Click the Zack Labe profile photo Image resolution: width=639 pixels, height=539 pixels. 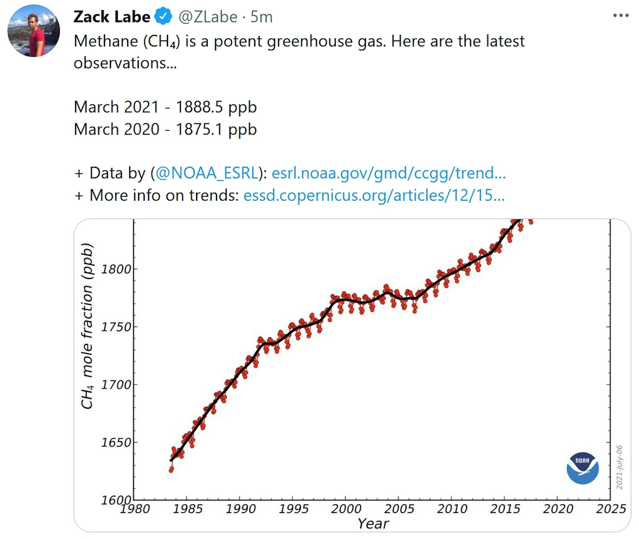point(34,31)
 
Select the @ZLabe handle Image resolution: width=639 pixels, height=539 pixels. point(208,17)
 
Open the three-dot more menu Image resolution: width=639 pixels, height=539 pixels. point(621,15)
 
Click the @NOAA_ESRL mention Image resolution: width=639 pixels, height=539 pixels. point(207,173)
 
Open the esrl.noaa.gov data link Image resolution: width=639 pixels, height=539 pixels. point(388,173)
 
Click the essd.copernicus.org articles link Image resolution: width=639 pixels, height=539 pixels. point(374,195)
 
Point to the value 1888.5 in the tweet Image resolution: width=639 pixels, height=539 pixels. point(199,107)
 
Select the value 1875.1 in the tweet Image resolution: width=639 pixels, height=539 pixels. point(199,129)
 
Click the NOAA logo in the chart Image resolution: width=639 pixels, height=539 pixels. point(582,468)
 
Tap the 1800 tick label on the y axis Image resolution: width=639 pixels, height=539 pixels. point(116,269)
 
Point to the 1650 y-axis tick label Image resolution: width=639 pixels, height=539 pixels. point(116,442)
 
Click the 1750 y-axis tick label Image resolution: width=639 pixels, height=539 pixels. point(116,327)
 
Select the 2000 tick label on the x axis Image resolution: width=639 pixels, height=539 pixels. point(346,509)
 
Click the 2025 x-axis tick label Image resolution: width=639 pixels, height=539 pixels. point(611,509)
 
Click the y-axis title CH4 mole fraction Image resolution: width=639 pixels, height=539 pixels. point(87,326)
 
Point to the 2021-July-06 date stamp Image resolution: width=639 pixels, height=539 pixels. point(619,467)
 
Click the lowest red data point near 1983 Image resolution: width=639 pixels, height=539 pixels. point(171,470)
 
